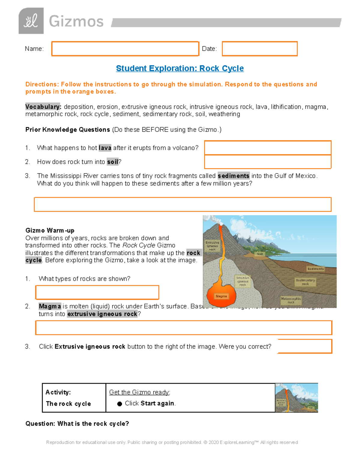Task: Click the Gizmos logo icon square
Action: [x=31, y=21]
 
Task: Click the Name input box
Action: [x=125, y=49]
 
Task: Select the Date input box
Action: [x=259, y=49]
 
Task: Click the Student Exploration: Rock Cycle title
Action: [x=180, y=68]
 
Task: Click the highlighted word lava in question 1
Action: [x=105, y=148]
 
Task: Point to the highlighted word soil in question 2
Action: [x=112, y=162]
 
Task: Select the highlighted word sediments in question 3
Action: [x=233, y=176]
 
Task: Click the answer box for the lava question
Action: [x=268, y=148]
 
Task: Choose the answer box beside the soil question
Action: [x=268, y=162]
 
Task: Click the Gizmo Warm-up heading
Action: [x=50, y=230]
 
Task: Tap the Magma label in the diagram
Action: [x=221, y=296]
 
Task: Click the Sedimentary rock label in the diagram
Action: [x=305, y=282]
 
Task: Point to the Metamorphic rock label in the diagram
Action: [x=291, y=300]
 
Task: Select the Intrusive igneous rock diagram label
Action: [x=242, y=281]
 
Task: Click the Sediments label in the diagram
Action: [x=315, y=269]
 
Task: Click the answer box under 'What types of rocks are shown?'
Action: [x=97, y=292]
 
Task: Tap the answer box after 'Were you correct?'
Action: [x=304, y=346]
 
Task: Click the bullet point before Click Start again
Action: [x=119, y=404]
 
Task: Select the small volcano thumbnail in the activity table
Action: [x=296, y=398]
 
